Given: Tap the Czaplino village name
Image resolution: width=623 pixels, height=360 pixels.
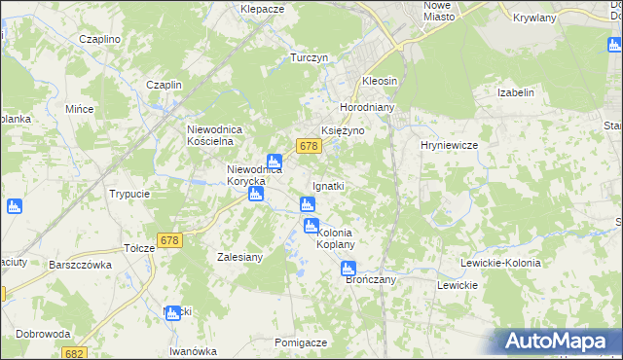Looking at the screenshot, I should [99, 39].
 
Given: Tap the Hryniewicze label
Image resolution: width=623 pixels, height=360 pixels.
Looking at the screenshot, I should [448, 145].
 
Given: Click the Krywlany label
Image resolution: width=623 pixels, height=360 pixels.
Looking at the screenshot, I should [533, 18].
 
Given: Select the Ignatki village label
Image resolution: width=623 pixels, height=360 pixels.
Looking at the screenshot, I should [328, 185].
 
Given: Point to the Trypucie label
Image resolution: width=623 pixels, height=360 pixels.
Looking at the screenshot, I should [129, 194].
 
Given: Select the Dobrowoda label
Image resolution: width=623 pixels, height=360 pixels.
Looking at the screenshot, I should [43, 334].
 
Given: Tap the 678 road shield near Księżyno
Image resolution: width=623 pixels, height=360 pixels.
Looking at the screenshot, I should [310, 146].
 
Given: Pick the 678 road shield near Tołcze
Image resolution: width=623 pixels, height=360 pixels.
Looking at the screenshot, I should [169, 239].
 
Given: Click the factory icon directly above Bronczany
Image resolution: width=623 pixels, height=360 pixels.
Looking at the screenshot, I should [348, 269].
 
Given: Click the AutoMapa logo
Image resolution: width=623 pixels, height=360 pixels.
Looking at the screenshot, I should [559, 341].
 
